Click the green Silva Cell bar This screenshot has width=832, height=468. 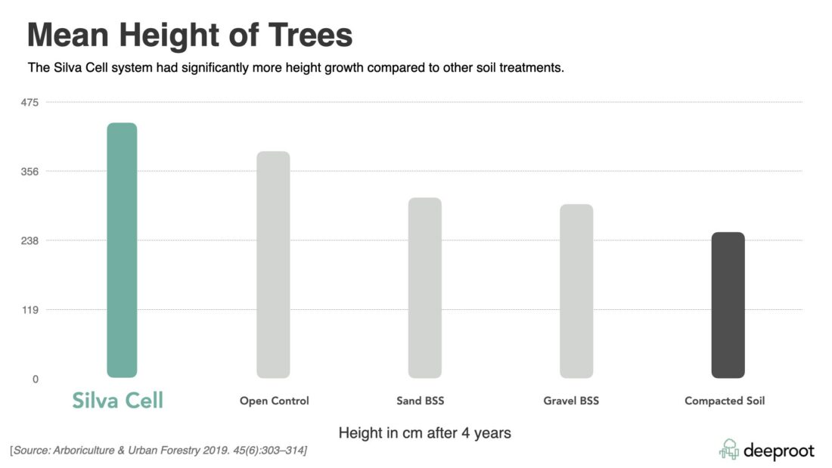click(122, 250)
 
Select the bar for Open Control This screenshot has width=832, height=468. click(273, 265)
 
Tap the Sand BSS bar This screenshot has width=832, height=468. click(424, 287)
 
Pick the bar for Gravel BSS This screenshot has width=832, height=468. click(576, 291)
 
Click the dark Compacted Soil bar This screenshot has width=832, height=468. click(728, 305)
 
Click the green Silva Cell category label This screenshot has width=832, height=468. click(117, 401)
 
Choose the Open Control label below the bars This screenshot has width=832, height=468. click(274, 401)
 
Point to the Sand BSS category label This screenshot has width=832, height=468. click(420, 401)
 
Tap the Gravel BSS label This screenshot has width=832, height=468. click(570, 401)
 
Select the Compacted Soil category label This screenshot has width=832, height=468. click(724, 401)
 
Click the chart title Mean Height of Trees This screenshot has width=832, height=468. click(190, 36)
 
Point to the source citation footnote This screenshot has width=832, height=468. click(158, 451)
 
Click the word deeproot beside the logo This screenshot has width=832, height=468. click(778, 451)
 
